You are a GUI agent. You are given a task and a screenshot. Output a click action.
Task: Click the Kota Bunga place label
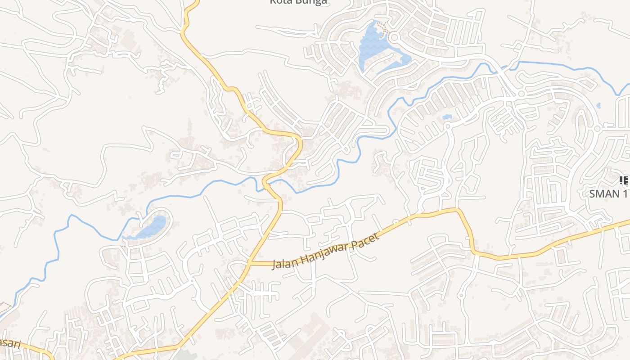[x=298, y=2]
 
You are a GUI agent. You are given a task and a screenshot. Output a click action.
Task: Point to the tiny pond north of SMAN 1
[x=598, y=106]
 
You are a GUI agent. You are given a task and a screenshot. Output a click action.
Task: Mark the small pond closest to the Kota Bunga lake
[x=447, y=117]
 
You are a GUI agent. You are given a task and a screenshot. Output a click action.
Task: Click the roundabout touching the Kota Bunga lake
[x=395, y=37]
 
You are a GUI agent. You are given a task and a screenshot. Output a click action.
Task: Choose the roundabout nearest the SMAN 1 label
[x=597, y=129]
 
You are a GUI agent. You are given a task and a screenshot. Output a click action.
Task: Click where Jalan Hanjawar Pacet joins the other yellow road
[x=248, y=263]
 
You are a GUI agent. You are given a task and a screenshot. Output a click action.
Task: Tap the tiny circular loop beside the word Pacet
[x=396, y=222]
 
